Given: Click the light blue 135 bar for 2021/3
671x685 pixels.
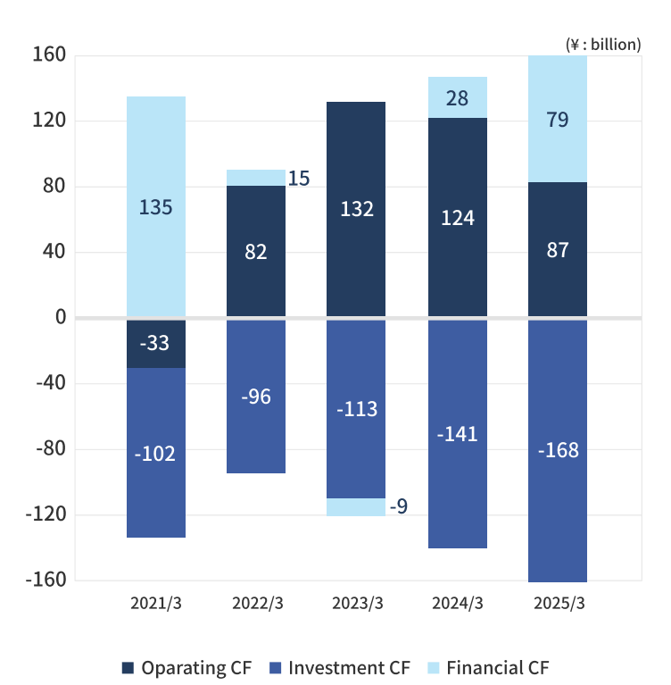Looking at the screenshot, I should [156, 206].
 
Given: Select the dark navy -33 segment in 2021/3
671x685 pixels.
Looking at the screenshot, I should [156, 343].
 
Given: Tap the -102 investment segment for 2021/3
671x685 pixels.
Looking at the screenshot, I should [156, 453].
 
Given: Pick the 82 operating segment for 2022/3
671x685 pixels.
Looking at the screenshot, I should [256, 251].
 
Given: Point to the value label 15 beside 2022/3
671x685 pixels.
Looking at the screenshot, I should [299, 179].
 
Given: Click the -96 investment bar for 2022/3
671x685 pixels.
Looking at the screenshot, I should [256, 397].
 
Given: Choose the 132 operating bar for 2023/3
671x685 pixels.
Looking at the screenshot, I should [356, 209].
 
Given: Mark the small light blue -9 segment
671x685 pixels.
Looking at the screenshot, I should [356, 507].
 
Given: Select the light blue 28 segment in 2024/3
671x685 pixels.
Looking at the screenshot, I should [458, 97].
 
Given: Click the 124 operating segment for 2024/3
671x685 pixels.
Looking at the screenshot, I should [458, 217].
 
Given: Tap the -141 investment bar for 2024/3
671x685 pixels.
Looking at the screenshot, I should [458, 434].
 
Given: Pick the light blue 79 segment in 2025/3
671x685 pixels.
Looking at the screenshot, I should [558, 119].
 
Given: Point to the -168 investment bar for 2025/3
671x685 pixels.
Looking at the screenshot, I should [558, 450].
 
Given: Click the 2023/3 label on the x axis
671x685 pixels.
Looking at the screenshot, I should [356, 604].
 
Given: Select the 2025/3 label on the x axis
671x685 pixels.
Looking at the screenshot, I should [559, 604].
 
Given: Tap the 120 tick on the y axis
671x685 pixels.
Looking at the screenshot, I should [49, 121].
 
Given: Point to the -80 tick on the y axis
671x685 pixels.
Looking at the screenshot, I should [49, 449].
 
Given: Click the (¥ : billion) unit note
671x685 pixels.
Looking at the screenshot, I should [603, 43].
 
